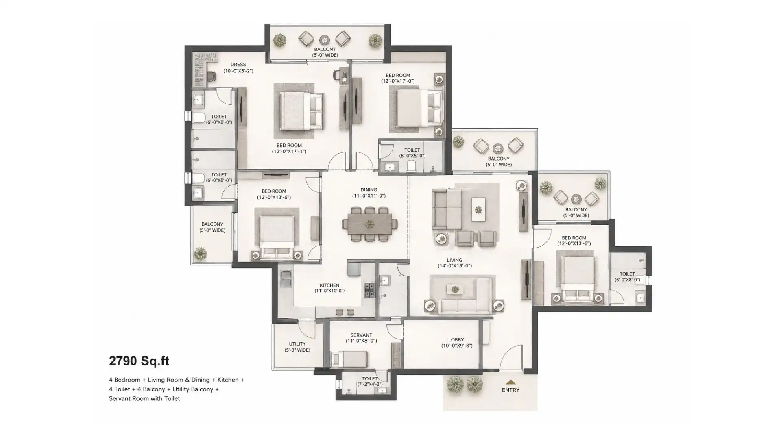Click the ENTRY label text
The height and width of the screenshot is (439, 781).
point(510,390)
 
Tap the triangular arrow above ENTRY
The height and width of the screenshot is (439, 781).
point(510,382)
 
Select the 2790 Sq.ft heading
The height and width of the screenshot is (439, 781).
point(139,361)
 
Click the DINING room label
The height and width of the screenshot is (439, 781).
point(369,190)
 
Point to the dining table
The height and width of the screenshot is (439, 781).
point(370,224)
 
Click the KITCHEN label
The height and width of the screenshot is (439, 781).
point(329,285)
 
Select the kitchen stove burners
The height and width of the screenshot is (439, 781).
point(369,290)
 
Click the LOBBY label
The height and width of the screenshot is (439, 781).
point(456,340)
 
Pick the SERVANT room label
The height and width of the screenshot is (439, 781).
point(361,335)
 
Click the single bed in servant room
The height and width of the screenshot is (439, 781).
point(349,359)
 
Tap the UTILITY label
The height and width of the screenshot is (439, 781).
point(297,344)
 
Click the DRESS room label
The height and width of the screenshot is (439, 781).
point(238,65)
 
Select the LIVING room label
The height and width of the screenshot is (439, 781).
point(454,260)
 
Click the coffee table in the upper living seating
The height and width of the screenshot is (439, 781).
point(478,209)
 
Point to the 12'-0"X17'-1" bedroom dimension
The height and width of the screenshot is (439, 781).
point(289,152)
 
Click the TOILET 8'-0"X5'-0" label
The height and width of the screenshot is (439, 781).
point(412,153)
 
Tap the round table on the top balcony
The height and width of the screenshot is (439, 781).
point(325,40)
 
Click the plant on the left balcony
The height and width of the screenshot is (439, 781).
point(200,254)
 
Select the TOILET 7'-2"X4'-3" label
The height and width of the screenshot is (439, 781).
point(370,381)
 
